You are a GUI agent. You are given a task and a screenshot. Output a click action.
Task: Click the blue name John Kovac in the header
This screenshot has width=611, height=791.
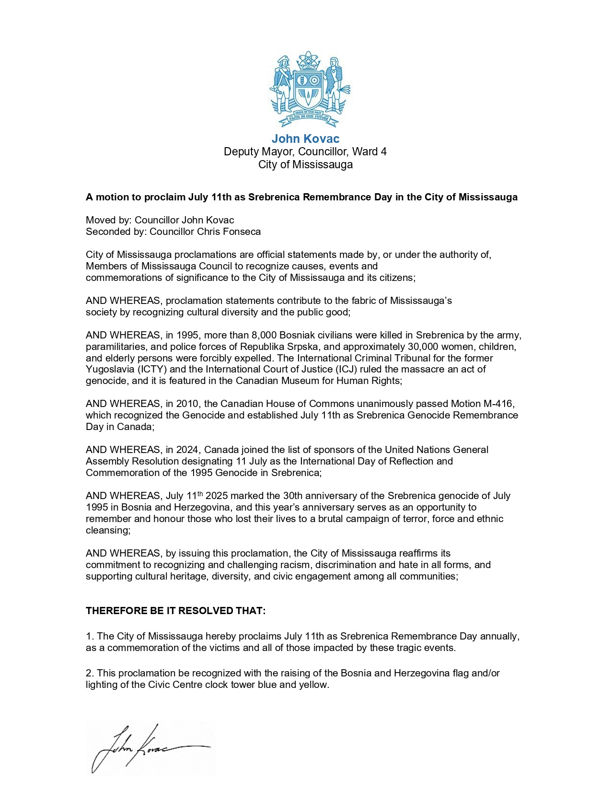click(x=305, y=139)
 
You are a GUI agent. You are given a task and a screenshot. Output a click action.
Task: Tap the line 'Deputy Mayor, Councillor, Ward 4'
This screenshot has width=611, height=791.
click(x=305, y=152)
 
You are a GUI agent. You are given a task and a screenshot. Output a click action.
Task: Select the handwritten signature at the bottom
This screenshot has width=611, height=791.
click(x=149, y=748)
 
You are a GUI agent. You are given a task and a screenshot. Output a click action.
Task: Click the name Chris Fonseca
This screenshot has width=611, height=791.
click(x=229, y=232)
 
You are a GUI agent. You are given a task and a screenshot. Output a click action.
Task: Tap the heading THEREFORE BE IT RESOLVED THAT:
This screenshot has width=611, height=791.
click(x=175, y=611)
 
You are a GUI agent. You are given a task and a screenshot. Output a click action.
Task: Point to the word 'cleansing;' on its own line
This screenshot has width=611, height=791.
click(x=108, y=531)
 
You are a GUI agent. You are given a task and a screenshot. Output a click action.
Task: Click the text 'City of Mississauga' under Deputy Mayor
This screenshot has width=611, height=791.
click(x=305, y=165)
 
